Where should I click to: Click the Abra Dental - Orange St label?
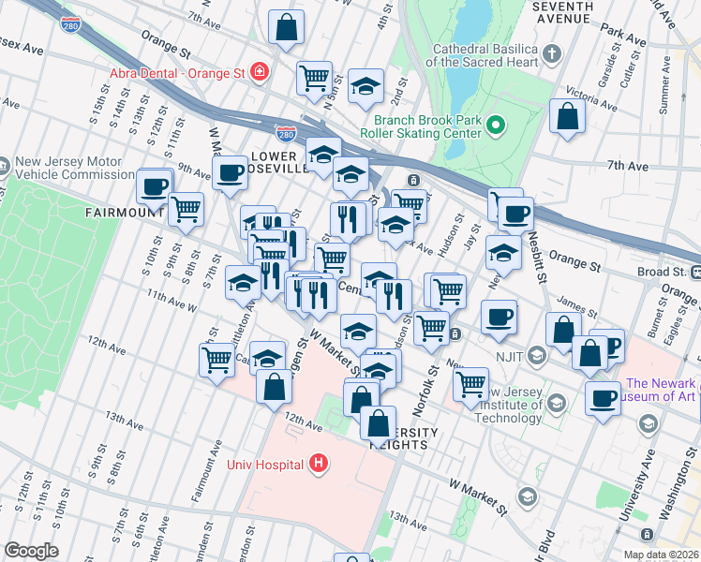coord(177,72)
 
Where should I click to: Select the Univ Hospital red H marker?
coord(320,463)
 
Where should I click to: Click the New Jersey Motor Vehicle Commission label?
coord(75,168)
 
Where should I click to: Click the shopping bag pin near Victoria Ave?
coord(567,115)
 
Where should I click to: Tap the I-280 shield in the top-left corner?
coord(67,22)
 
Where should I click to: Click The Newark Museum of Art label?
coord(661,390)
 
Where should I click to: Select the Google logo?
coord(31,551)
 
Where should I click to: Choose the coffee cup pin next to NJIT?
coord(500,316)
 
